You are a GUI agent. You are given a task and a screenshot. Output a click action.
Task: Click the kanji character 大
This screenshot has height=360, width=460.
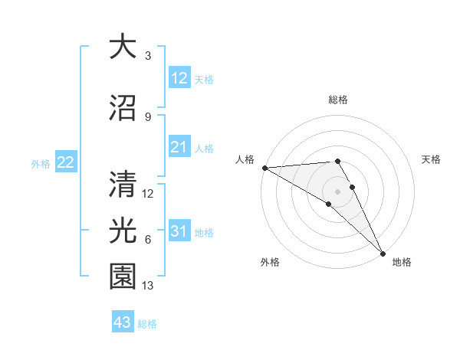click(121, 47)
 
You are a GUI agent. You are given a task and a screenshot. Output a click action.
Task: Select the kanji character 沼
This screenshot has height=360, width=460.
click(121, 107)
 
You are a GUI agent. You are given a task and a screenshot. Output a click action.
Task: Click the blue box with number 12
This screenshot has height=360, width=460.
click(179, 78)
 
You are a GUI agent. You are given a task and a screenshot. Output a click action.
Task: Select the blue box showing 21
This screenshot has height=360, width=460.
click(179, 148)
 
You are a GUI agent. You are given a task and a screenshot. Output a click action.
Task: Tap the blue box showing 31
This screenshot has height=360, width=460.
click(179, 231)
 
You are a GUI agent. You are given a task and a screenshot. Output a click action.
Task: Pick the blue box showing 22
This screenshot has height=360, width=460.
click(65, 162)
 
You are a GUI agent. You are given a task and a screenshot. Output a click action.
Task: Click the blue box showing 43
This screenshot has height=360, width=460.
click(122, 322)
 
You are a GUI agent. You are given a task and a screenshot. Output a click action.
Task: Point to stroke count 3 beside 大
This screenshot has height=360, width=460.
click(147, 56)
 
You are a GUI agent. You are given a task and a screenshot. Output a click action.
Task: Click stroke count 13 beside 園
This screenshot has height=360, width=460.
click(149, 286)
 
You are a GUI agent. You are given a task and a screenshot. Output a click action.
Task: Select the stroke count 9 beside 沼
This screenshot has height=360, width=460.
click(147, 116)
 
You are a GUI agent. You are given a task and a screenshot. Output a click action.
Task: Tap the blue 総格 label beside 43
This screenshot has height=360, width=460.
click(148, 324)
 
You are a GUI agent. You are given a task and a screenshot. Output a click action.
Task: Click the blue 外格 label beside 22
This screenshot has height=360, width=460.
click(41, 163)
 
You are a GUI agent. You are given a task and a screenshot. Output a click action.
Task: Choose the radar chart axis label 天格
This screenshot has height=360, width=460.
click(431, 159)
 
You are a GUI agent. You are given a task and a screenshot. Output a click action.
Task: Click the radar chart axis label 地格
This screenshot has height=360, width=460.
click(402, 262)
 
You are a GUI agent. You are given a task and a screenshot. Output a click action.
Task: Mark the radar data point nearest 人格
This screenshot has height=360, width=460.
click(264, 168)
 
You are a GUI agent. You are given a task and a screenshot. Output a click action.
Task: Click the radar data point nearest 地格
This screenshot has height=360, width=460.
click(383, 253)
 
